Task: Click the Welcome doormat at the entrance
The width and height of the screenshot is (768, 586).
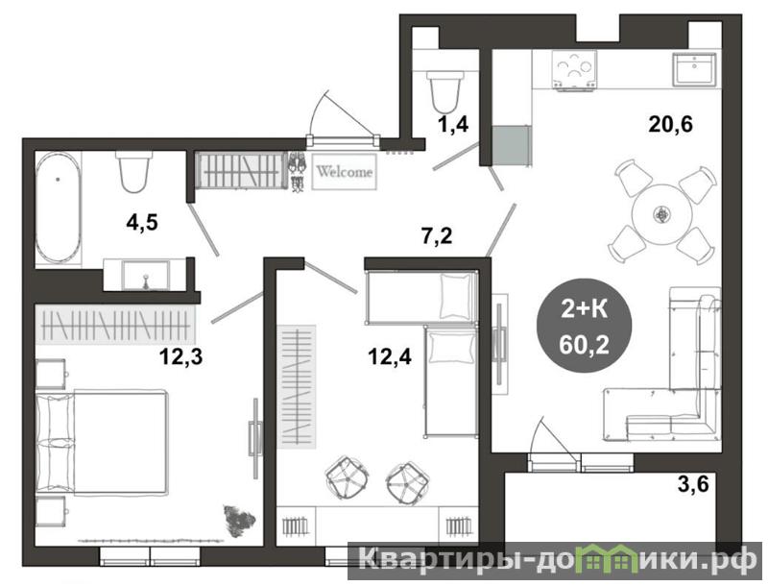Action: click(x=345, y=172)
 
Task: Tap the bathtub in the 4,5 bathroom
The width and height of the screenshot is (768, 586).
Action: click(x=58, y=207)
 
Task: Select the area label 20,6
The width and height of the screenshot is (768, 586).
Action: click(x=670, y=125)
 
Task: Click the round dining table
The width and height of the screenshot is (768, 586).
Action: click(x=661, y=213)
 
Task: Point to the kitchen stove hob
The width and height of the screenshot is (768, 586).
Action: click(x=573, y=71)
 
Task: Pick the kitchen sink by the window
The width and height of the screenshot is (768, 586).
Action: click(x=694, y=69)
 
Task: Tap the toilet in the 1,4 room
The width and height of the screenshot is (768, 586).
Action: click(x=444, y=91)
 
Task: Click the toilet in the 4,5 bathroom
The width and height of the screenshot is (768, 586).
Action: click(x=133, y=171)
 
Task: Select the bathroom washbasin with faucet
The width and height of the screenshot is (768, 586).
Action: click(x=145, y=276)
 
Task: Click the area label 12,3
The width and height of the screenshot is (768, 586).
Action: click(x=180, y=357)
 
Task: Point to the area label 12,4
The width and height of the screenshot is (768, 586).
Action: click(x=390, y=357)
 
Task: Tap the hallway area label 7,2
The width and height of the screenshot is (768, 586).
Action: click(x=437, y=236)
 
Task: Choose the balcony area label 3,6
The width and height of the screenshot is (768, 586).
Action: click(x=693, y=484)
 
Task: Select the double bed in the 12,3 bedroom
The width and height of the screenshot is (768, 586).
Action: click(x=101, y=441)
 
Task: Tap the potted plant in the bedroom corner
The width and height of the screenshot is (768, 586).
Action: click(x=239, y=522)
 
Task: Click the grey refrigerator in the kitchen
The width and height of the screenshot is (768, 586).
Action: click(x=511, y=145)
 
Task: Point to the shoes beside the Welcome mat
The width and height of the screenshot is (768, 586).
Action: click(x=297, y=171)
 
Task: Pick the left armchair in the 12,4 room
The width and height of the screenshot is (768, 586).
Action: click(x=348, y=477)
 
